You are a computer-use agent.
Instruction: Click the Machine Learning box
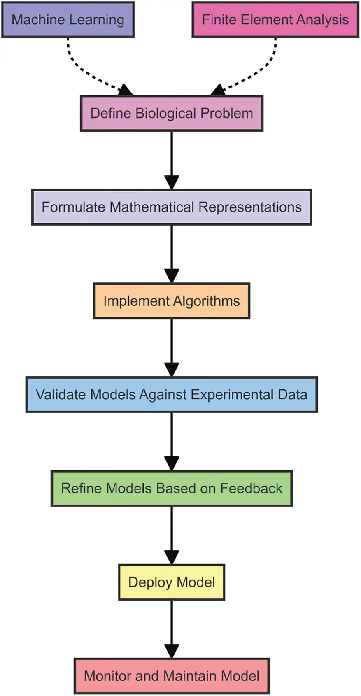(68, 20)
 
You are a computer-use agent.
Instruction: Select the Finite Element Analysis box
(275, 20)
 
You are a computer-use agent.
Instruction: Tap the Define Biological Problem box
(171, 114)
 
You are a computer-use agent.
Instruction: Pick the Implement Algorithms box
(171, 301)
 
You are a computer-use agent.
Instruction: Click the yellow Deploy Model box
(171, 582)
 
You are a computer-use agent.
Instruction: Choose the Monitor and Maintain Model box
(171, 676)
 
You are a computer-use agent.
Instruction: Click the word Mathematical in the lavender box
(152, 207)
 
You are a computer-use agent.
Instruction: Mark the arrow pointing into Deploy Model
(171, 535)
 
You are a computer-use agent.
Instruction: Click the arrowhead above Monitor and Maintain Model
(171, 651)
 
